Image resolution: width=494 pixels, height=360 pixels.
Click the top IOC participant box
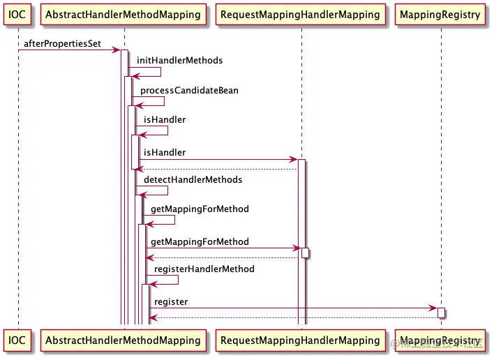click(18, 14)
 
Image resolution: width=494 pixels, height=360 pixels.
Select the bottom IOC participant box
click(18, 340)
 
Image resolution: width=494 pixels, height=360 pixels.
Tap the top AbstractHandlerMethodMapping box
click(124, 14)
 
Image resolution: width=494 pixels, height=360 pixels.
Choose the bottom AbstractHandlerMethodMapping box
click(124, 340)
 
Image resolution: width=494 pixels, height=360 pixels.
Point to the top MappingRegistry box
click(441, 14)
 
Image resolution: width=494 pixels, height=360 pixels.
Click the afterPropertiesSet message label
click(62, 44)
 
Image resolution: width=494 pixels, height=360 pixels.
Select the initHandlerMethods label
click(179, 61)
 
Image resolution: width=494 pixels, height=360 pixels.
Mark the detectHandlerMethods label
click(193, 179)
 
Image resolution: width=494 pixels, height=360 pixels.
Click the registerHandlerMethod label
click(204, 269)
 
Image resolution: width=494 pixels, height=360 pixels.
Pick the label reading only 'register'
click(170, 301)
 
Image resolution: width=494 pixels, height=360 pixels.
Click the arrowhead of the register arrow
click(433, 308)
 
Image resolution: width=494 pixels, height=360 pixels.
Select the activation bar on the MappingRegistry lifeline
click(441, 313)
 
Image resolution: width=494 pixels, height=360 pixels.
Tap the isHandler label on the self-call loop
click(165, 120)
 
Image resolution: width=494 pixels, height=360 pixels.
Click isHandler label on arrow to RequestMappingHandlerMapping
click(165, 152)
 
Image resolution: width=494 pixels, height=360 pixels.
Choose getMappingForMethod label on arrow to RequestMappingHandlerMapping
click(200, 242)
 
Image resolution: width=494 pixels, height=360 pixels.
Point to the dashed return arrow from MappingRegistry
click(293, 318)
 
